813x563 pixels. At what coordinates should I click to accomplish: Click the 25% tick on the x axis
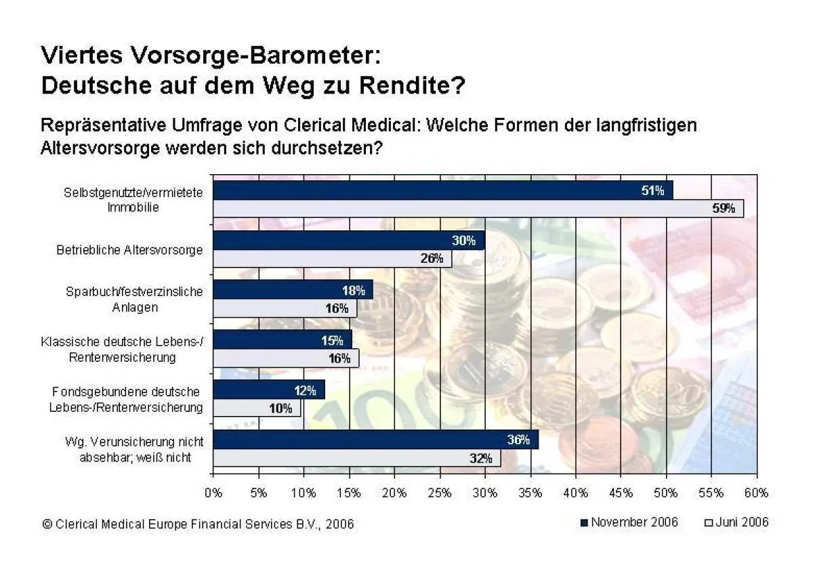point(440,493)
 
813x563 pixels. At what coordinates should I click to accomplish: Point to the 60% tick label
point(756,493)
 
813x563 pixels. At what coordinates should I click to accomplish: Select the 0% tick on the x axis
point(213,493)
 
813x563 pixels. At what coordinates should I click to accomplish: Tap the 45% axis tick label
point(621,493)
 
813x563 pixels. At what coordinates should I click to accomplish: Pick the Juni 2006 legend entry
point(736,522)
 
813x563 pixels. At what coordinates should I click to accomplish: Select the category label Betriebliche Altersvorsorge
point(129,250)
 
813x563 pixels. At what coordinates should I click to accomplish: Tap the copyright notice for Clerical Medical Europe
point(198,524)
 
